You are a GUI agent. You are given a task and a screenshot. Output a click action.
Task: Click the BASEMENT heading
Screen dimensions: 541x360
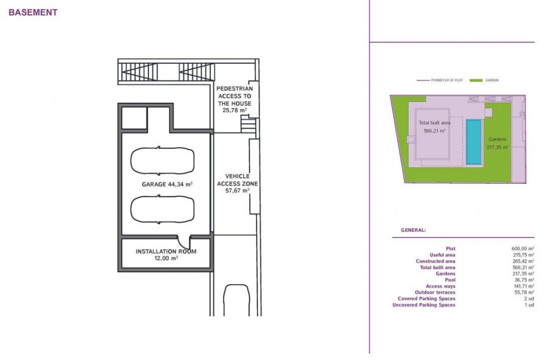click(33, 12)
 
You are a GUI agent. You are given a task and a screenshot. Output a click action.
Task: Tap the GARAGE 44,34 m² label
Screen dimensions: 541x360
click(167, 184)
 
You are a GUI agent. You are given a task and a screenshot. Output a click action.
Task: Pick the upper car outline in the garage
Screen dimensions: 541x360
click(162, 161)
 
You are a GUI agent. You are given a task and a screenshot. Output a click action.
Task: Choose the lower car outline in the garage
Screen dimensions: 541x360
click(162, 209)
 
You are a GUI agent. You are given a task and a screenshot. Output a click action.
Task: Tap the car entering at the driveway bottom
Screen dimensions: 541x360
click(236, 300)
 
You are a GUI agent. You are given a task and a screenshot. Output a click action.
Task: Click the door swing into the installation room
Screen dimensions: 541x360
click(183, 242)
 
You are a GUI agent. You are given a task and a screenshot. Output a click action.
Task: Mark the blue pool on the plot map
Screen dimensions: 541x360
click(474, 142)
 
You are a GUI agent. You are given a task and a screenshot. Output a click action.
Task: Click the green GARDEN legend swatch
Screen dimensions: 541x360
click(476, 81)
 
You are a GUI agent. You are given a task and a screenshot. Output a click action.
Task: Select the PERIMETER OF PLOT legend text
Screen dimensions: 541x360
click(447, 81)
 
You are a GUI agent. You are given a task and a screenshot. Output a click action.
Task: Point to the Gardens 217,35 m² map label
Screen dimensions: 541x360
click(498, 143)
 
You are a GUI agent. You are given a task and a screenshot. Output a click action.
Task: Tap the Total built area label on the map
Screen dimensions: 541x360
click(434, 123)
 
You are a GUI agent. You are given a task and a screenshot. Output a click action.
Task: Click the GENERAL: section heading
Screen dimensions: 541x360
click(413, 230)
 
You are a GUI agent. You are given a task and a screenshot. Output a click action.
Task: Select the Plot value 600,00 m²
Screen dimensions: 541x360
click(523, 249)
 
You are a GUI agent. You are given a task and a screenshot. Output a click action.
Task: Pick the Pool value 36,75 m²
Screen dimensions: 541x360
click(524, 280)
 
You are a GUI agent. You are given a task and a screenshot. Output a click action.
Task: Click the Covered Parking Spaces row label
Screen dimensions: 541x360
click(426, 298)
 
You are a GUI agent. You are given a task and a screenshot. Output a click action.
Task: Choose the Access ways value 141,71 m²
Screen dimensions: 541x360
click(524, 286)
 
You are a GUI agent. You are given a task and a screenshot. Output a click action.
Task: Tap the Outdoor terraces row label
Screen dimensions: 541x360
click(435, 292)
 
